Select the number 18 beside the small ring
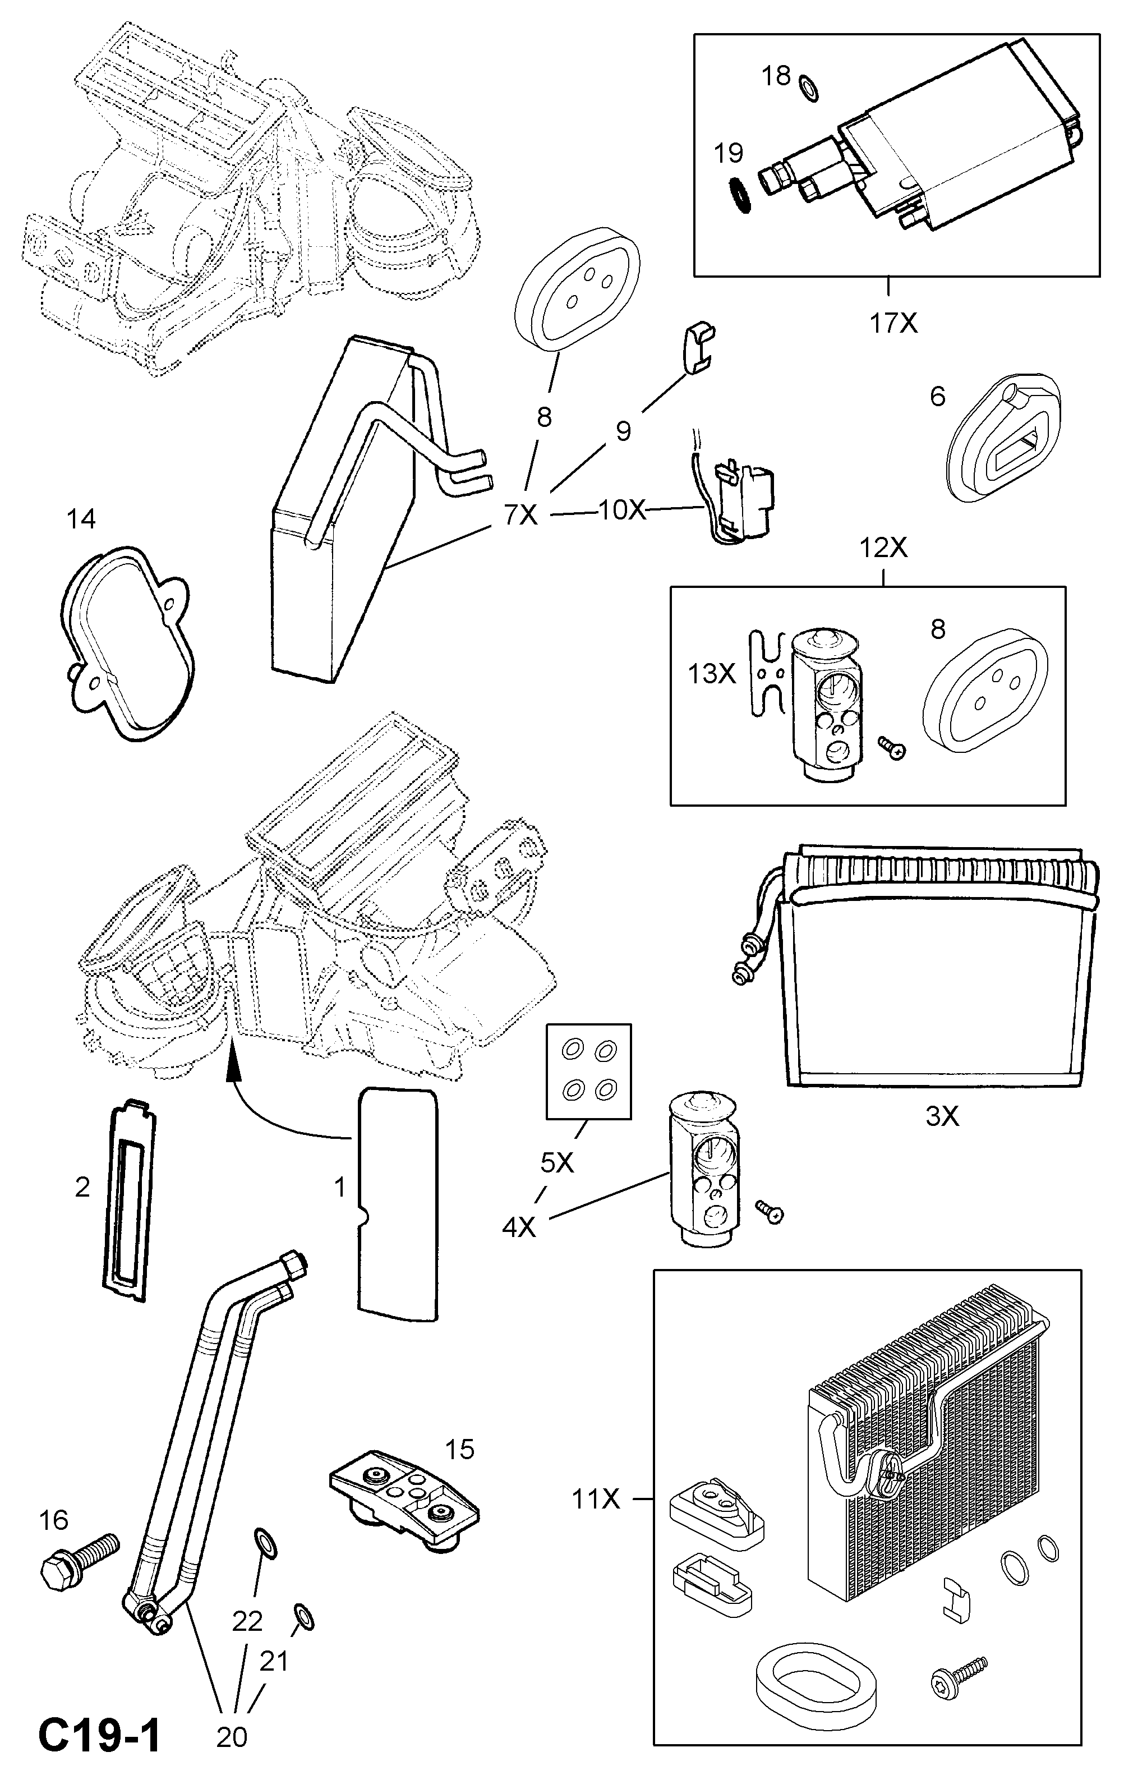(x=775, y=75)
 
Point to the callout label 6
(x=938, y=397)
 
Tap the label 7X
(x=521, y=514)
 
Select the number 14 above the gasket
(x=81, y=519)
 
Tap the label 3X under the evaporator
(x=942, y=1117)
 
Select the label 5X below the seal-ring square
(x=556, y=1162)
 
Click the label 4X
(x=519, y=1227)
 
